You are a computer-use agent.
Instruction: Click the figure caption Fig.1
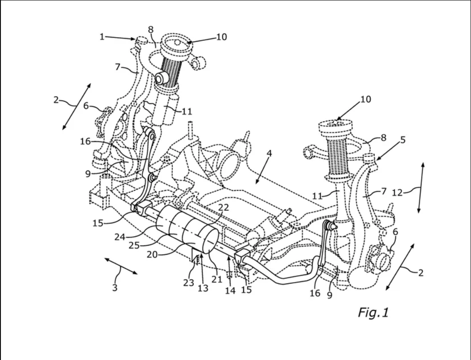click(373, 312)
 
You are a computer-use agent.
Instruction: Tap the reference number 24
click(120, 237)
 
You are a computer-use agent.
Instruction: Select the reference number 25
click(134, 245)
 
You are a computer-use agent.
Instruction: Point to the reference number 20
click(152, 254)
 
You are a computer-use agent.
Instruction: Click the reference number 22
click(224, 208)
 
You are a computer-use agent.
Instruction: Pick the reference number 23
click(189, 282)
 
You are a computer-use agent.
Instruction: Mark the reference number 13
click(203, 288)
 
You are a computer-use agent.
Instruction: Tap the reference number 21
click(216, 279)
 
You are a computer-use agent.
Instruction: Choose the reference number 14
click(230, 290)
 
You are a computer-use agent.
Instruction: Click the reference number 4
click(269, 153)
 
